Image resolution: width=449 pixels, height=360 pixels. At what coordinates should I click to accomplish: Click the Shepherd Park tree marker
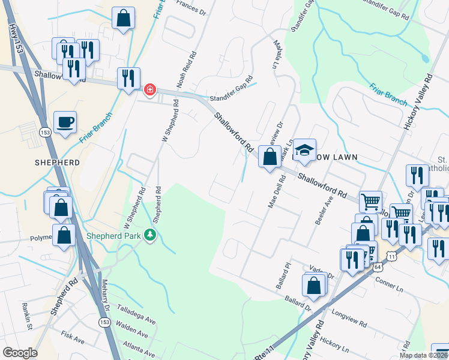coord(150,235)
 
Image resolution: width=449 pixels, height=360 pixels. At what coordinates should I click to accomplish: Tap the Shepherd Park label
coord(116,235)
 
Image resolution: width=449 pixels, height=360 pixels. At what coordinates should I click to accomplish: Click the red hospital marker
coord(149,90)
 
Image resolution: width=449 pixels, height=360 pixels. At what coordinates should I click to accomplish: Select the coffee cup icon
coord(65,123)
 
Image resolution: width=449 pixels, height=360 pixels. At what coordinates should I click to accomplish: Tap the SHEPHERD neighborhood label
coord(57,163)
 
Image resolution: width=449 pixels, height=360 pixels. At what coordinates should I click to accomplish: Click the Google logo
coord(20,353)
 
